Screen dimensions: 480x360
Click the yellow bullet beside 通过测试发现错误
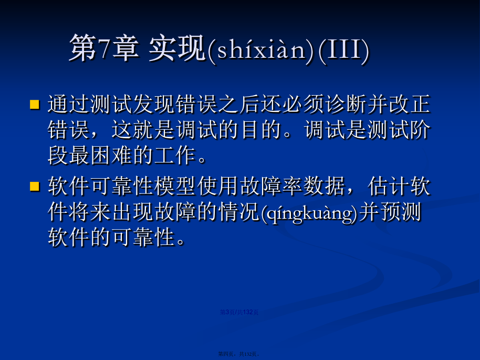tap(35, 104)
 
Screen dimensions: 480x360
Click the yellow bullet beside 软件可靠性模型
tap(35, 186)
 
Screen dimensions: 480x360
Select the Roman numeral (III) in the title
tap(343, 49)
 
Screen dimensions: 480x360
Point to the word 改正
tap(410, 104)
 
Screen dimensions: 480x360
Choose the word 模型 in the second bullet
tap(175, 186)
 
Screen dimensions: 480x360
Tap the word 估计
tap(389, 186)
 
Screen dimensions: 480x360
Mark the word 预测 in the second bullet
tap(400, 212)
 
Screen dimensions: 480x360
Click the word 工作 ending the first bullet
tap(175, 156)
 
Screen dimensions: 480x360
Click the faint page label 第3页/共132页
tap(239, 312)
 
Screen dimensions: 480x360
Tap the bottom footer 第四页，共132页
tap(239, 354)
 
